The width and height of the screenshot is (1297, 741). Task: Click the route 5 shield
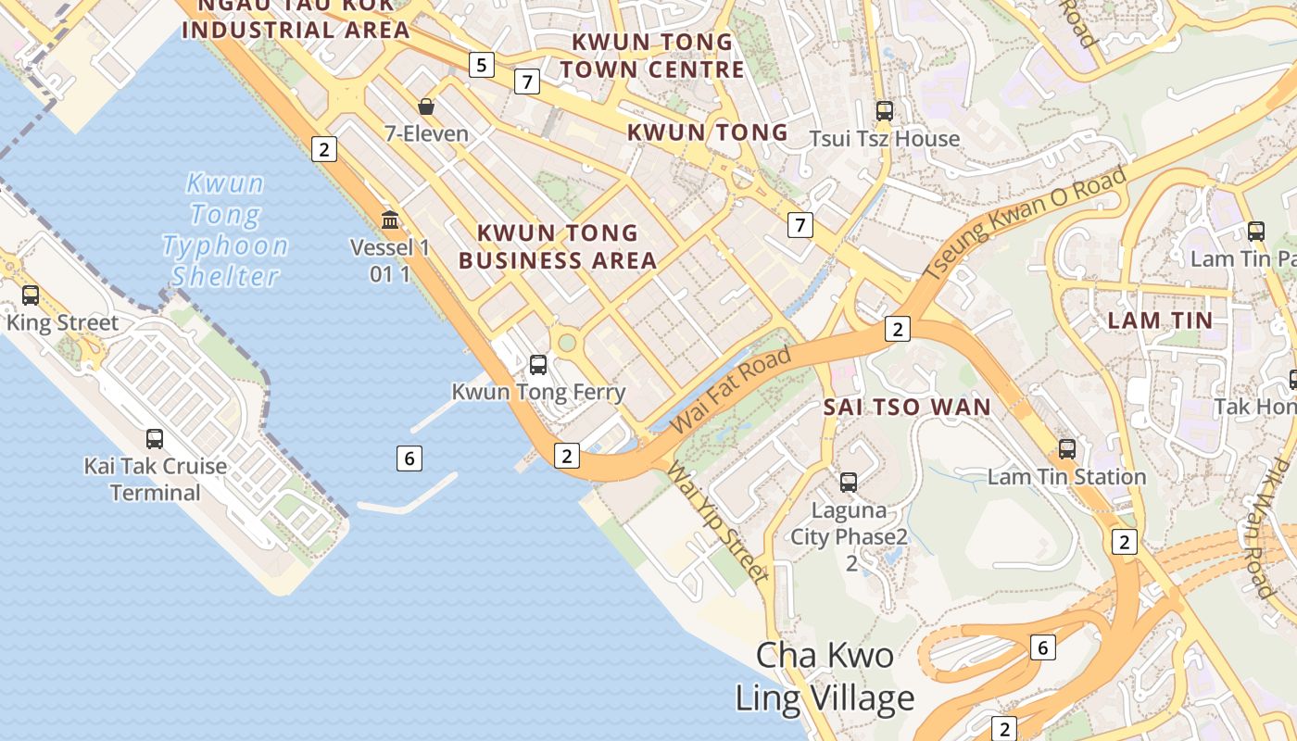pyautogui.click(x=481, y=65)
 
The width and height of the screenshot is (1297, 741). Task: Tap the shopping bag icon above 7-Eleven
pyautogui.click(x=426, y=107)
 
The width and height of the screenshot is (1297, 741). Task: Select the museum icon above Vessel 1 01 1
pyautogui.click(x=390, y=220)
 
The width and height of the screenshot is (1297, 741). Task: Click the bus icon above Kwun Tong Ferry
pyautogui.click(x=538, y=365)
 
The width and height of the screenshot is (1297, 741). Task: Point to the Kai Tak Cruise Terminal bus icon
pyautogui.click(x=155, y=439)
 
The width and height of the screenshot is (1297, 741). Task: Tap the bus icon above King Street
pyautogui.click(x=31, y=295)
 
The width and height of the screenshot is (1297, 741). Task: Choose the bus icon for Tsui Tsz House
pyautogui.click(x=885, y=111)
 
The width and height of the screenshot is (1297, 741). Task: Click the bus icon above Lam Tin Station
pyautogui.click(x=1067, y=449)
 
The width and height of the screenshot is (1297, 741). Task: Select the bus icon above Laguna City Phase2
pyautogui.click(x=849, y=483)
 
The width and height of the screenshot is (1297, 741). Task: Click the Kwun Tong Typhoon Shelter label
pyautogui.click(x=225, y=230)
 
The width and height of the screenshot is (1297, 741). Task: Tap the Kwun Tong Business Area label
pyautogui.click(x=558, y=246)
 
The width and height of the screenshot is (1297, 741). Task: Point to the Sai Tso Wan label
pyautogui.click(x=907, y=407)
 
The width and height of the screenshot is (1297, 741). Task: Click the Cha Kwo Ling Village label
pyautogui.click(x=825, y=676)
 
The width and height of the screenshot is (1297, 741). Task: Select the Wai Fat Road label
pyautogui.click(x=731, y=389)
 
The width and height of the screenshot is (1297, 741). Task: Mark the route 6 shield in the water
pyautogui.click(x=409, y=458)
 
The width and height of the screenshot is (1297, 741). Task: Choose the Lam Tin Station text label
pyautogui.click(x=1066, y=477)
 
